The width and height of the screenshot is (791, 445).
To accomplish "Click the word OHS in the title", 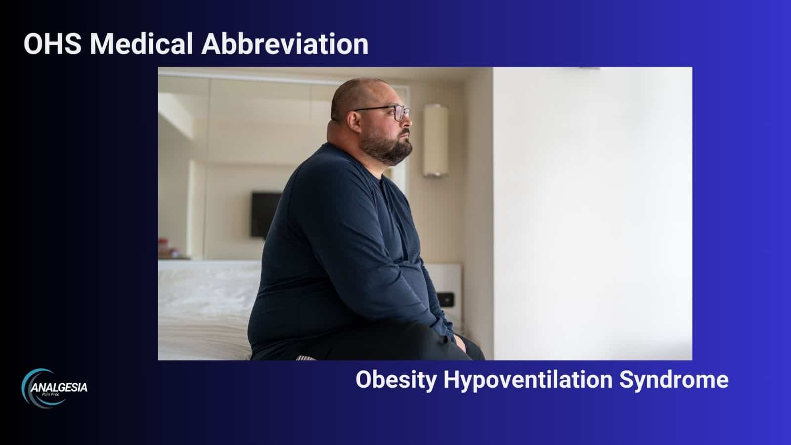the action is [x=52, y=44].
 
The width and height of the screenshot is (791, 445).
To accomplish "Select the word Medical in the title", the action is [x=141, y=44].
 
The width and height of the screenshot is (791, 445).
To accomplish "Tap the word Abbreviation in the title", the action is [x=285, y=44].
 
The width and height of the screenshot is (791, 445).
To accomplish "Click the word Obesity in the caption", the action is [x=396, y=381].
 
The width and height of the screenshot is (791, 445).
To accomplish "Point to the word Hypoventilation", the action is [x=528, y=381].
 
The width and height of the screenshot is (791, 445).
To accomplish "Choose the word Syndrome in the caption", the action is [x=674, y=381].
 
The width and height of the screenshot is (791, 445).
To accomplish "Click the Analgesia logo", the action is [x=54, y=388].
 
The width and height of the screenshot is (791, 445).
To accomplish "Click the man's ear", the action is [x=354, y=122].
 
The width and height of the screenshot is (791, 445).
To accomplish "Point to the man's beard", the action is [x=386, y=146].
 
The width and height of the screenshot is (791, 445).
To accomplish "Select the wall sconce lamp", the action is [x=436, y=140].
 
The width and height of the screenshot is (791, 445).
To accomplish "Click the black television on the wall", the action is [x=265, y=215].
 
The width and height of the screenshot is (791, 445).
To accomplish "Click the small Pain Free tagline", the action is [x=50, y=394].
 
